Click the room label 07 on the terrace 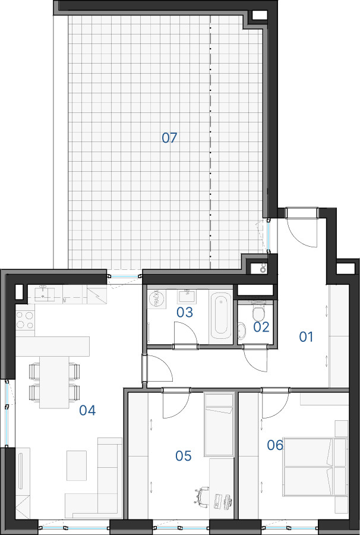169,138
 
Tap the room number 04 87,410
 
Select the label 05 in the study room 184,456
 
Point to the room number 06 275,445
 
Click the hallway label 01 306,337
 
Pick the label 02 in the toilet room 261,327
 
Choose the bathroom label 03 185,312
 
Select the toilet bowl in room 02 258,311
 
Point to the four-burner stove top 25,320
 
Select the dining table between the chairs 54,382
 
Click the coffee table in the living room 77,465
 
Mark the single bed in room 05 219,424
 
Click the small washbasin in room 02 241,331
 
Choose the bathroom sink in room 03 187,297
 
